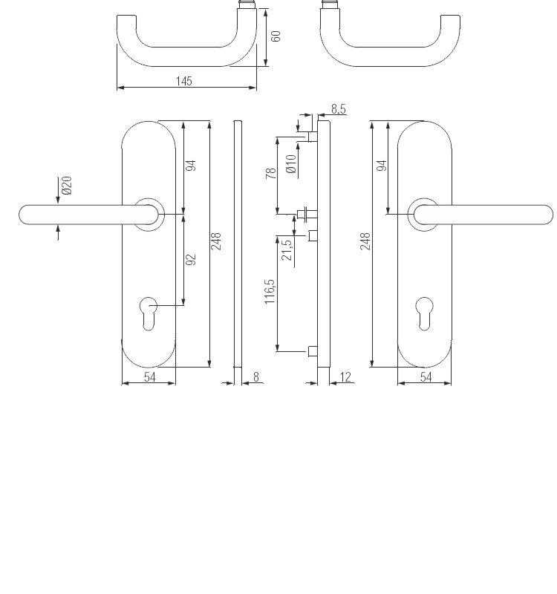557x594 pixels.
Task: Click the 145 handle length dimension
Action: (x=184, y=81)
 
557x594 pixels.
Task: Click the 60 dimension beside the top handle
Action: (x=276, y=36)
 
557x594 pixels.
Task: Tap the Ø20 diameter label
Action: (x=67, y=185)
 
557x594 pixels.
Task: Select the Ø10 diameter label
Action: (x=291, y=164)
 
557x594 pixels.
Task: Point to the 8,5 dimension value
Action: (x=339, y=109)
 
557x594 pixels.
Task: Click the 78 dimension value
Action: (x=271, y=174)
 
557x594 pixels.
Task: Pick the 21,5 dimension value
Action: (x=287, y=249)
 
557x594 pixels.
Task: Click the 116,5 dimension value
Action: (x=270, y=291)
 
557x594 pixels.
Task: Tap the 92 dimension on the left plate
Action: (x=191, y=259)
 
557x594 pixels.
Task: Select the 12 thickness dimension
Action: (x=345, y=377)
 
